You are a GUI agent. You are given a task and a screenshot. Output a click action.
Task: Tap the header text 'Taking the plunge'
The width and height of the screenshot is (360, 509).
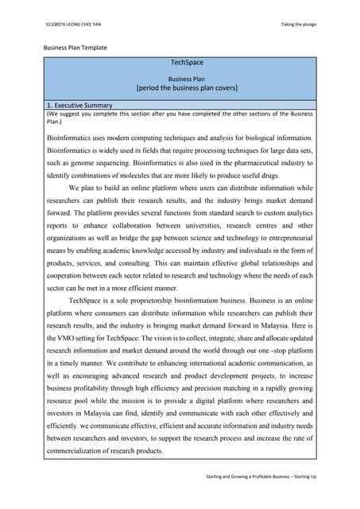pos(298,24)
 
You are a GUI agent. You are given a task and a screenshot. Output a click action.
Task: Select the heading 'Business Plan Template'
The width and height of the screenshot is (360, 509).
pos(75,48)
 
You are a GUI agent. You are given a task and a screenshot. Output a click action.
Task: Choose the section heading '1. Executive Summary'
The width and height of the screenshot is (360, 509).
pos(79,105)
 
